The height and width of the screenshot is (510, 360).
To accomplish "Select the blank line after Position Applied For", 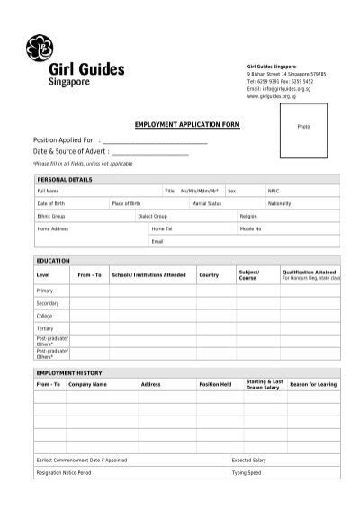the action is pos(155,142).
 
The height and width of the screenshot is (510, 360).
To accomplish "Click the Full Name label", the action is pos(48,191).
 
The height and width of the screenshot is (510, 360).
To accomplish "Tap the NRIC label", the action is pos(273,191).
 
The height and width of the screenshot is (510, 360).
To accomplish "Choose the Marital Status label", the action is pos(207,203).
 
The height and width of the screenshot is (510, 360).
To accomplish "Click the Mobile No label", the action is pos(250,228).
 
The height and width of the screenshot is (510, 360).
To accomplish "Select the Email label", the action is pos(157,241).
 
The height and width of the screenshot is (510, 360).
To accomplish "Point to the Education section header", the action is pos(52,259).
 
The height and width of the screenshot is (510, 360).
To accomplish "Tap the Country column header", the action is pos(209,273).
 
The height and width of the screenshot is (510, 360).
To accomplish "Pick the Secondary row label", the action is pos(47,303).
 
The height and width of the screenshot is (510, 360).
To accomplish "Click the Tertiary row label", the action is pos(45,328).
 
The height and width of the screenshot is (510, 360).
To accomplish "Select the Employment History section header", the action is pos(69,371).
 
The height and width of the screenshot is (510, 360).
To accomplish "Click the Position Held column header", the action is pos(215,384).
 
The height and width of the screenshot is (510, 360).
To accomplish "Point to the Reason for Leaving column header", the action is pos(313,384).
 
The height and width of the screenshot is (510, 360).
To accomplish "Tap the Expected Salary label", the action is pos(248,460).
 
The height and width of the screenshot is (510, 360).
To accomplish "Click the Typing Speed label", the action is pos(246,472).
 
